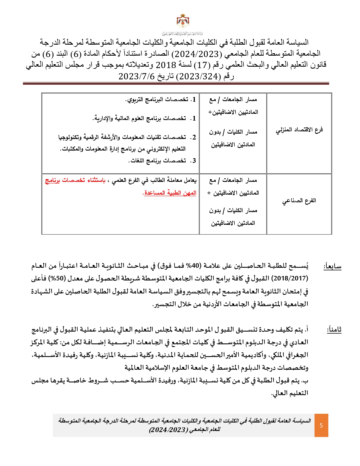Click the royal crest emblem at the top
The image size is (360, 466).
pyautogui.click(x=183, y=21)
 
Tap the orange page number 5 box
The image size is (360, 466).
pyautogui.click(x=321, y=425)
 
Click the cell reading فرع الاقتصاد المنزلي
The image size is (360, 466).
pyautogui.click(x=299, y=130)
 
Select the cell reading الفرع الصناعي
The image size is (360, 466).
pyautogui.click(x=299, y=201)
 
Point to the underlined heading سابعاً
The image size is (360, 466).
pyautogui.click(x=332, y=266)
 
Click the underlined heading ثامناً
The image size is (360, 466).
pyautogui.click(x=334, y=330)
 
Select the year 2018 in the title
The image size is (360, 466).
pyautogui.click(x=166, y=65)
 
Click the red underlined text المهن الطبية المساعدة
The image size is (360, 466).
pyautogui.click(x=170, y=193)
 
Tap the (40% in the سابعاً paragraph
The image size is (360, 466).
pyautogui.click(x=195, y=266)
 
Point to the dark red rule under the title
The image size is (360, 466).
pyautogui.click(x=176, y=84)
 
